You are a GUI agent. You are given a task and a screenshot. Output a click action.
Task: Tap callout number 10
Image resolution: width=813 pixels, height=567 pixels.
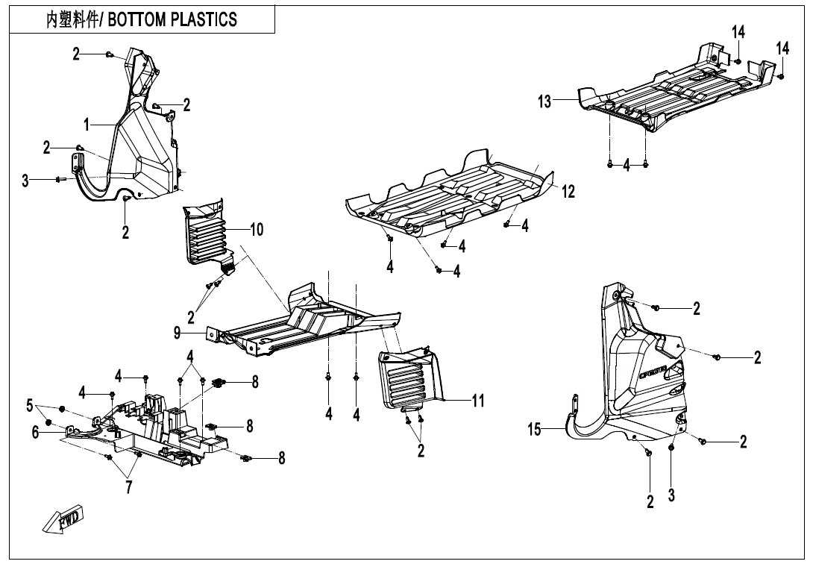point(256,230)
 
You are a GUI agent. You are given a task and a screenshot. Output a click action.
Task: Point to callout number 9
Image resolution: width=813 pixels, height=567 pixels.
point(178,333)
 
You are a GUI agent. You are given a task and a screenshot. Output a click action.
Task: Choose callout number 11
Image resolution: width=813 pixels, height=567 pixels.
point(477,401)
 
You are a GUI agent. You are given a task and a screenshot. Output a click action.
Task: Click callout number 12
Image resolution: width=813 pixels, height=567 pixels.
point(568,192)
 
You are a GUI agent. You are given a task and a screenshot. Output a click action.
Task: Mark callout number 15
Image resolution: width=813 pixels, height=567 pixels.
point(534,430)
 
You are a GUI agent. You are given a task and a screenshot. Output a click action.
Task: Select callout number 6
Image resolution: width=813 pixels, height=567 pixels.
point(35,431)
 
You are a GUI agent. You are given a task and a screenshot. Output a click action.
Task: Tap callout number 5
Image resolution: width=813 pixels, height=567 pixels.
point(30,406)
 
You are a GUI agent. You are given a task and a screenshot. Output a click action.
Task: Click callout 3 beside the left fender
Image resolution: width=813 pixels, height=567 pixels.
point(25,180)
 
